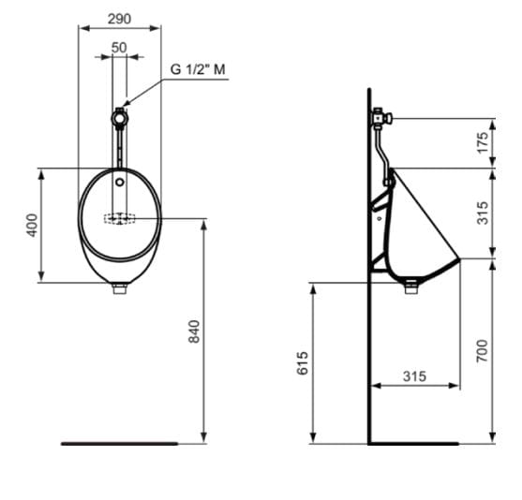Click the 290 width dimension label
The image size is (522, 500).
pyautogui.click(x=119, y=18)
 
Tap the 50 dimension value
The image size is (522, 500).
pyautogui.click(x=119, y=47)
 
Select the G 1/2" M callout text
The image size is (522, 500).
pyautogui.click(x=198, y=69)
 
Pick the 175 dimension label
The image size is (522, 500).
pyautogui.click(x=483, y=143)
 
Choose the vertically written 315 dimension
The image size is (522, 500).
pyautogui.click(x=483, y=213)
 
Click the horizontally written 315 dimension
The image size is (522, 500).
pyautogui.click(x=414, y=375)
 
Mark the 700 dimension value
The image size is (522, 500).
pyautogui.click(x=483, y=349)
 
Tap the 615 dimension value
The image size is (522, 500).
pyautogui.click(x=303, y=362)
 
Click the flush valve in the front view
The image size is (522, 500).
pyautogui.click(x=119, y=118)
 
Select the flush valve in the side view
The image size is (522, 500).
pyautogui.click(x=381, y=118)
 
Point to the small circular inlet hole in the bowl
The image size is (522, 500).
pyautogui.click(x=119, y=182)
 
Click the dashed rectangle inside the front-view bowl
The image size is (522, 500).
pyautogui.click(x=119, y=219)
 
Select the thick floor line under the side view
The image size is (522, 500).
pyautogui.click(x=413, y=443)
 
